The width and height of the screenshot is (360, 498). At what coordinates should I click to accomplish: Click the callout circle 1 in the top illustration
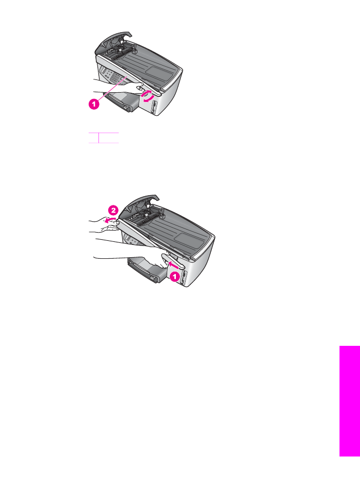pyautogui.click(x=94, y=104)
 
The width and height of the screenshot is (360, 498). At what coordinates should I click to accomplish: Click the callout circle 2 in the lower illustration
pyautogui.click(x=113, y=210)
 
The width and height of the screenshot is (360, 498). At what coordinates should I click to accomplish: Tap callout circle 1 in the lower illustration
pyautogui.click(x=174, y=276)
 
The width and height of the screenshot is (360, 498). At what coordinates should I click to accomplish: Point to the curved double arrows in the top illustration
pyautogui.click(x=148, y=96)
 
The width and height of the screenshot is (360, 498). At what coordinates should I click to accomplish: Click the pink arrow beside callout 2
pyautogui.click(x=110, y=220)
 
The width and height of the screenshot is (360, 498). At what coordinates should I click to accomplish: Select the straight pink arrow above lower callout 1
pyautogui.click(x=173, y=264)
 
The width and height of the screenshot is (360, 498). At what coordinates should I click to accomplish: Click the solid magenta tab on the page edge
pyautogui.click(x=350, y=401)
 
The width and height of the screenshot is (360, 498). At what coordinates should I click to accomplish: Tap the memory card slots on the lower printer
pyautogui.click(x=184, y=278)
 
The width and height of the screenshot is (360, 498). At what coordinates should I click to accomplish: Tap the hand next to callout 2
pyautogui.click(x=104, y=223)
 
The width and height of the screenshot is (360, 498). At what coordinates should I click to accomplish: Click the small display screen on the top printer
pyautogui.click(x=103, y=69)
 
